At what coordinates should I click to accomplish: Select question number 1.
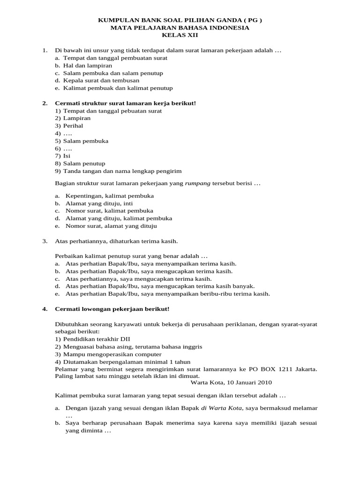[x=45, y=50]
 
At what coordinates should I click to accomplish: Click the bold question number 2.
[x=45, y=103]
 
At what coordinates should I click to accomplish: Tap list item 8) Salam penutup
[x=80, y=164]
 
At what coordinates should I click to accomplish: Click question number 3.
[x=45, y=241]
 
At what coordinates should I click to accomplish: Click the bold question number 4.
[x=45, y=309]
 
